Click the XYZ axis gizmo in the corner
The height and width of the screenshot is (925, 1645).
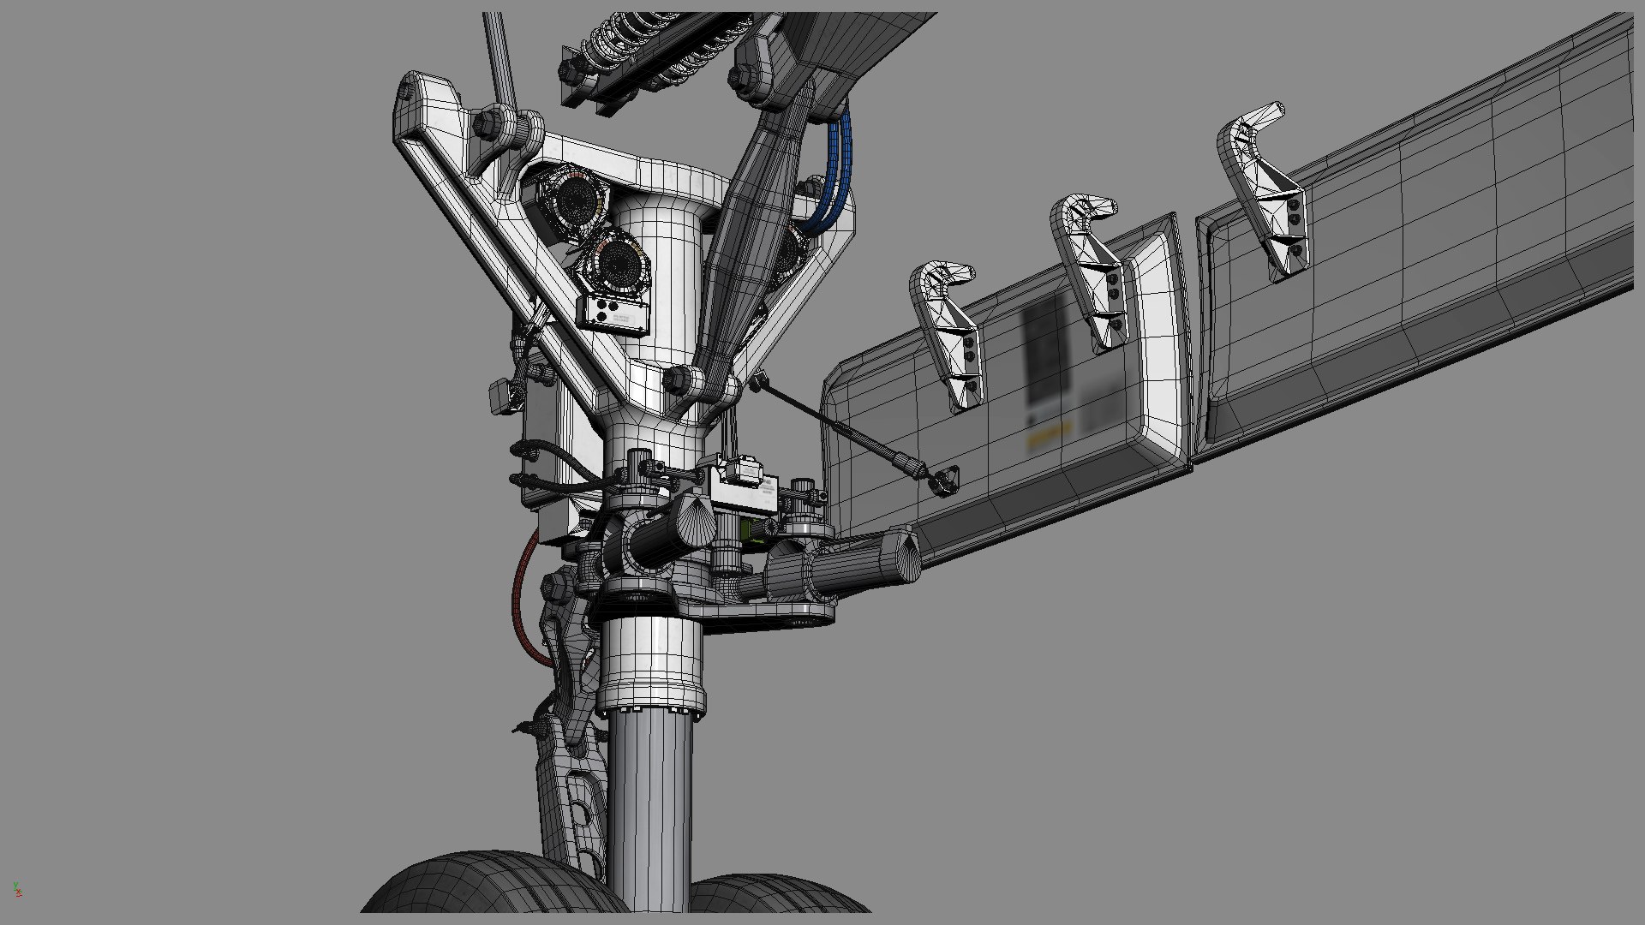tap(17, 890)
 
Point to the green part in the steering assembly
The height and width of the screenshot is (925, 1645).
tap(754, 532)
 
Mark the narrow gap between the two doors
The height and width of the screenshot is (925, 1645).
tap(1190, 343)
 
